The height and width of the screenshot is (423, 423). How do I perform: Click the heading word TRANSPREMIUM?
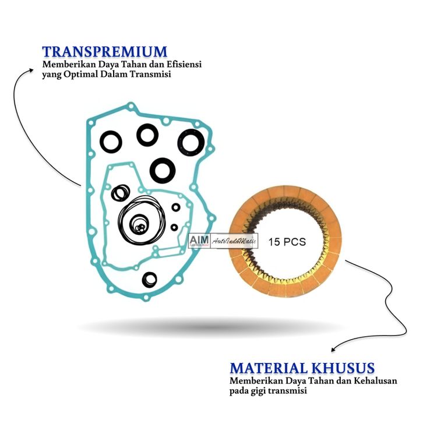(104, 51)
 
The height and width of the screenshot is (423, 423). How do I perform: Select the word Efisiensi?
(189, 64)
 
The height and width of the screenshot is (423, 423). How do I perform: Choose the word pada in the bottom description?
(239, 392)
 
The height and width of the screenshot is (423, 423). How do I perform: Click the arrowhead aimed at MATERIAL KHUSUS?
(333, 350)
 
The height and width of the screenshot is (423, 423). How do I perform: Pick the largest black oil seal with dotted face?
(191, 141)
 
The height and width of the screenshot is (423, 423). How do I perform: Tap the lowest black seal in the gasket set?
(150, 279)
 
